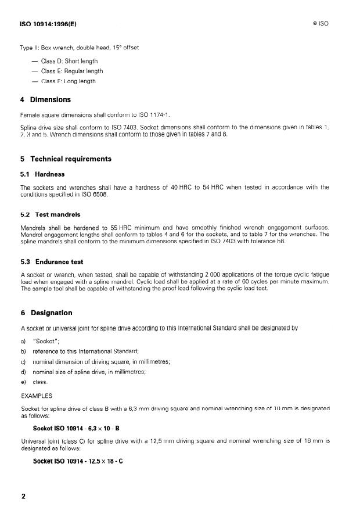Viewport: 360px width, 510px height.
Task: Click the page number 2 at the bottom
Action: (23, 497)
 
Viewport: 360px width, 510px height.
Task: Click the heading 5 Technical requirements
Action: (66, 159)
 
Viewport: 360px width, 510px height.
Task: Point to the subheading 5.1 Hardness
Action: (42, 174)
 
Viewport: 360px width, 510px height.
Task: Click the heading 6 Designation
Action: (46, 313)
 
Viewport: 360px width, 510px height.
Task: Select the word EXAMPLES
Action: (37, 396)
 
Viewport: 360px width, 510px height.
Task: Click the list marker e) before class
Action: (23, 382)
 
